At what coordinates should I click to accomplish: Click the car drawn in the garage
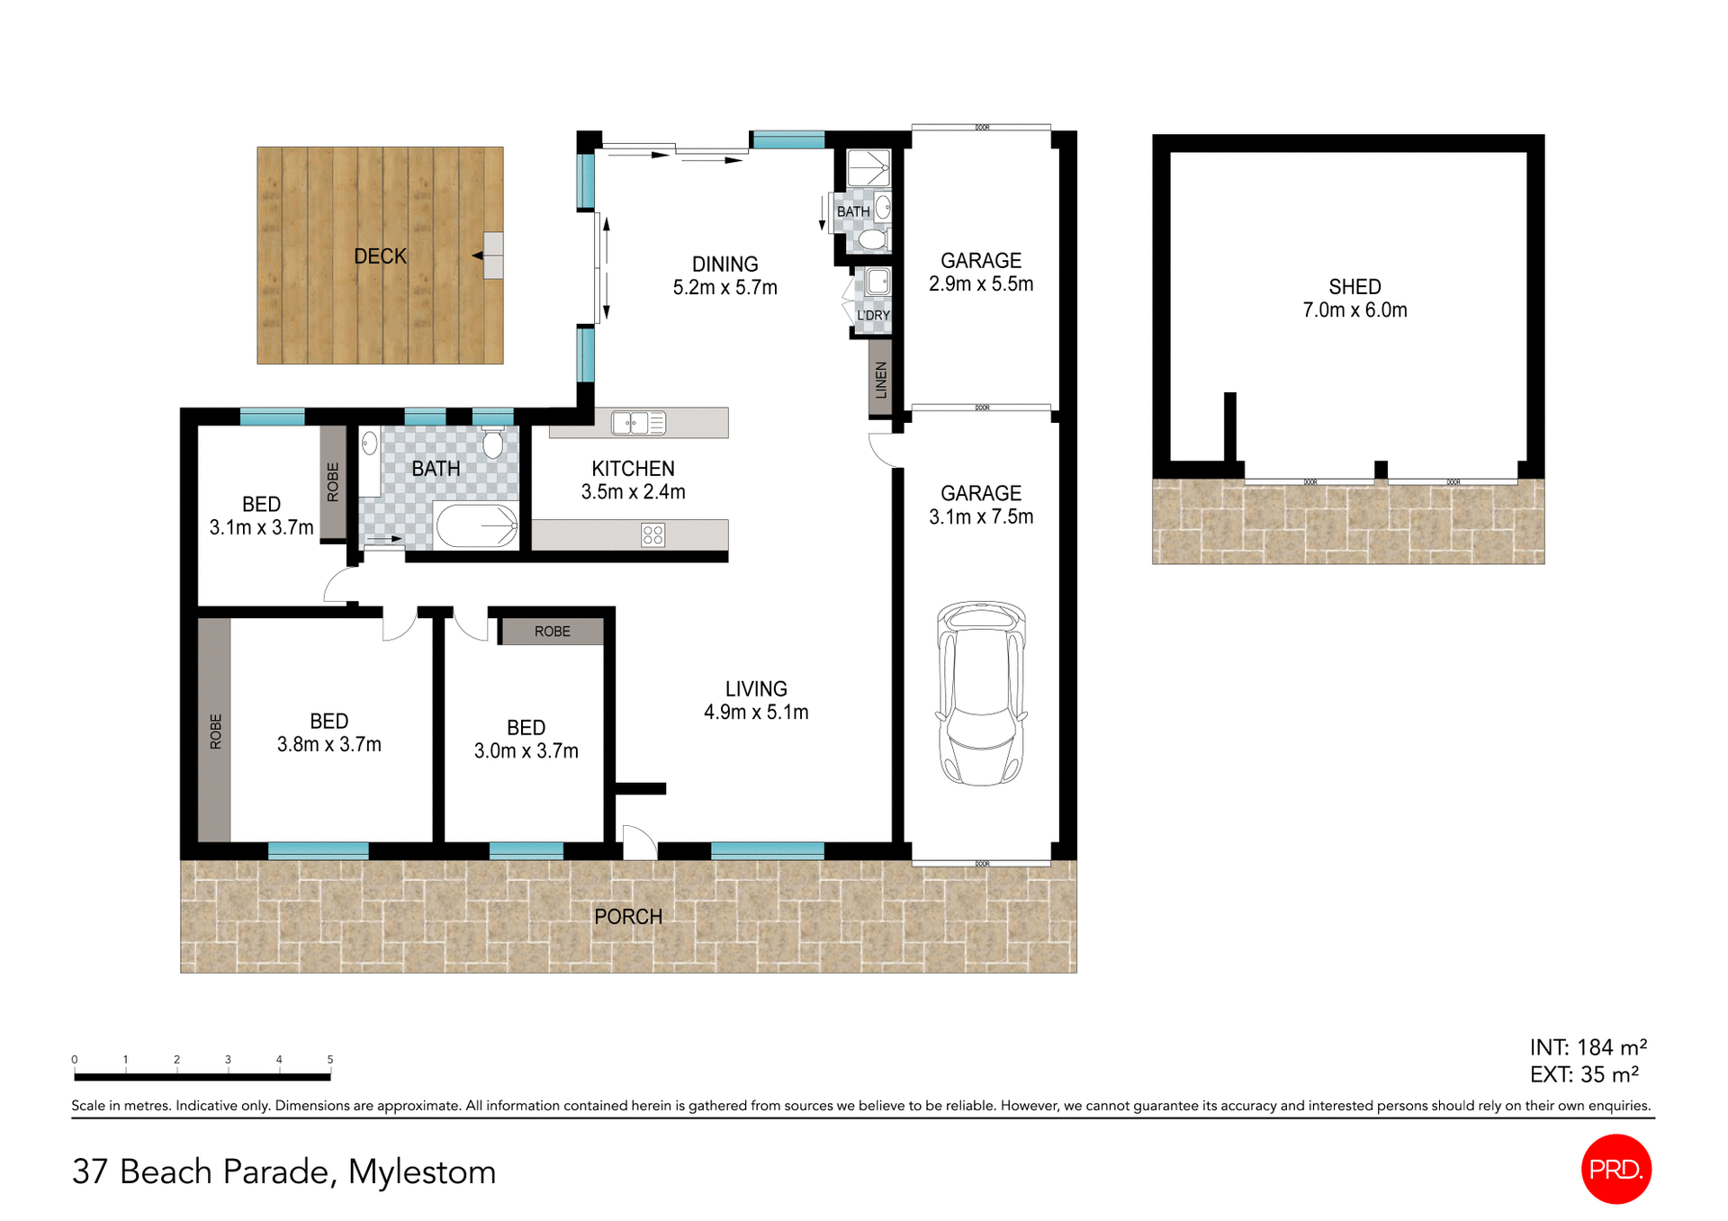pyautogui.click(x=981, y=693)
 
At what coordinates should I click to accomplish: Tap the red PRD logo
pyautogui.click(x=1615, y=1168)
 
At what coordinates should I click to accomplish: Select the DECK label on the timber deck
pyautogui.click(x=380, y=256)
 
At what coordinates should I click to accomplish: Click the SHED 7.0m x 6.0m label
pyautogui.click(x=1354, y=298)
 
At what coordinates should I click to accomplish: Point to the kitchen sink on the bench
pyautogui.click(x=638, y=422)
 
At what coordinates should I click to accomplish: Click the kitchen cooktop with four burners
pyautogui.click(x=652, y=535)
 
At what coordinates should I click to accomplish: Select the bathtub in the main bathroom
pyautogui.click(x=476, y=525)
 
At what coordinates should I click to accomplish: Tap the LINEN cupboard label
pyautogui.click(x=881, y=379)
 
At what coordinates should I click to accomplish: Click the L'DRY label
pyautogui.click(x=873, y=315)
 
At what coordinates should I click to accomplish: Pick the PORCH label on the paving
pyautogui.click(x=627, y=916)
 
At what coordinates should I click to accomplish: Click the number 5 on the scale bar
pyautogui.click(x=330, y=1059)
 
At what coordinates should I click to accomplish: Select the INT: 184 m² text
pyautogui.click(x=1588, y=1047)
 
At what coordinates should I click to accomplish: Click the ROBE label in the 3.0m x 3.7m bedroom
pyautogui.click(x=552, y=632)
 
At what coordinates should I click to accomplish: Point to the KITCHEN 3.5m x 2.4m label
pyautogui.click(x=633, y=480)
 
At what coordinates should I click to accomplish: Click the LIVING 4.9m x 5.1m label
pyautogui.click(x=755, y=700)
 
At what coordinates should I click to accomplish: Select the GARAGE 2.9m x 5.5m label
pyautogui.click(x=980, y=272)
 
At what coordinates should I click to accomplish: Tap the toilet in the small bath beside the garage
pyautogui.click(x=871, y=239)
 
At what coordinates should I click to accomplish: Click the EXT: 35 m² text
pyautogui.click(x=1583, y=1074)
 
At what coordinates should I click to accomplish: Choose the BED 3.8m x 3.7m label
pyautogui.click(x=328, y=732)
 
